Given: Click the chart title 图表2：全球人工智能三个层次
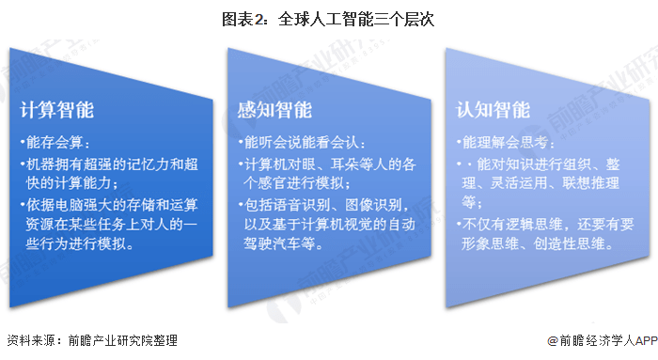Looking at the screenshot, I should [x=328, y=18].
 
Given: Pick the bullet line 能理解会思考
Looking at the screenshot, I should [x=513, y=144].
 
